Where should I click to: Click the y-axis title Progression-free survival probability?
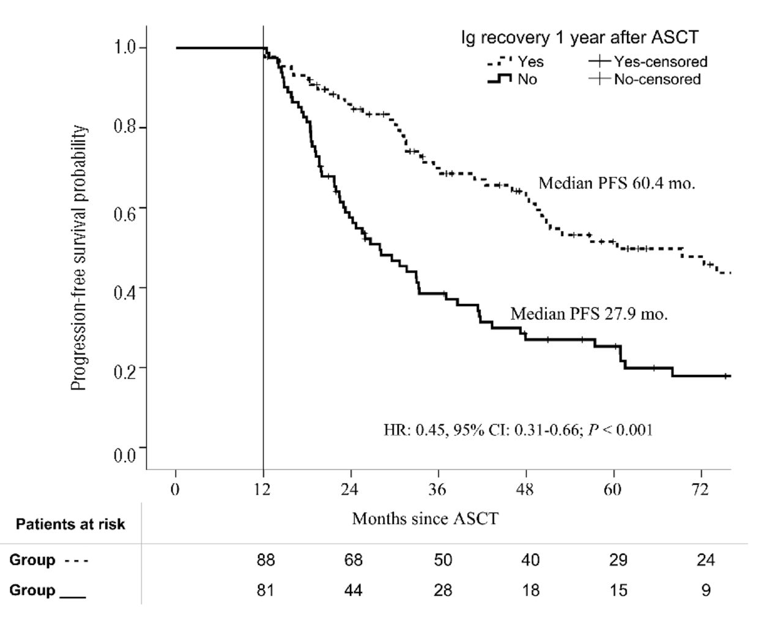point(79,257)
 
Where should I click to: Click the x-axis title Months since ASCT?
point(425,519)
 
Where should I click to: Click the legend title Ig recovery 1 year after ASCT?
point(579,38)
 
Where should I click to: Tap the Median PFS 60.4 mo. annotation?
point(617,183)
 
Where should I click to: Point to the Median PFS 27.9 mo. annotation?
point(589,314)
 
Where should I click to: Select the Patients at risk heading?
point(70,525)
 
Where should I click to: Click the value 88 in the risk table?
point(266,560)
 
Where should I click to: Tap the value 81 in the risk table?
point(265,590)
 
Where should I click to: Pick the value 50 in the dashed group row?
point(443,560)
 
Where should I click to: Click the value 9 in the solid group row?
point(706,590)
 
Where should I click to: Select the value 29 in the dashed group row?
point(618,560)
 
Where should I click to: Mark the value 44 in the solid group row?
point(354,590)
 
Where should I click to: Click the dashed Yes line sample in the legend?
point(499,62)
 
